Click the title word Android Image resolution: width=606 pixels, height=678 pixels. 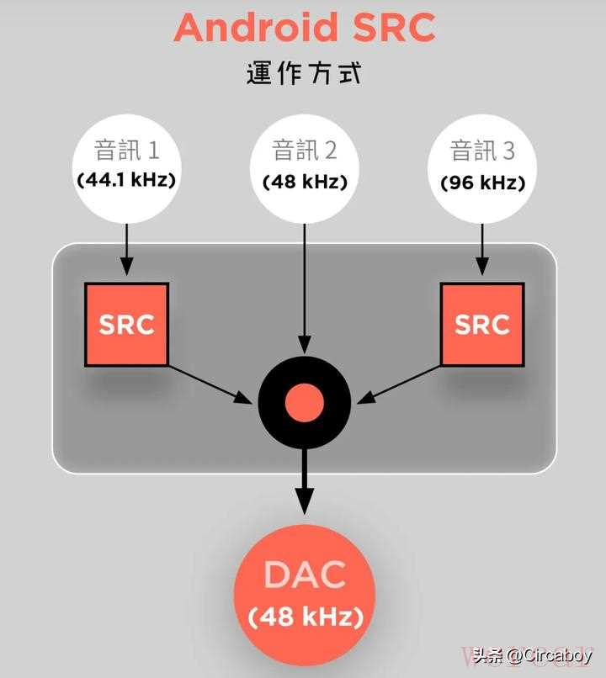[256, 27]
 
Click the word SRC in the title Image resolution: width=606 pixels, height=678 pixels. [394, 27]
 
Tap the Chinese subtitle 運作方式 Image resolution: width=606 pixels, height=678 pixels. [304, 73]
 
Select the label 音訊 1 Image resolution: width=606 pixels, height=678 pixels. [127, 151]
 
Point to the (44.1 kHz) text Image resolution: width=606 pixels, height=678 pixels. [126, 180]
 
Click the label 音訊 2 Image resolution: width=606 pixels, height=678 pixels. [305, 151]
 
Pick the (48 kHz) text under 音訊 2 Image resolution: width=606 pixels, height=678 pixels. [305, 182]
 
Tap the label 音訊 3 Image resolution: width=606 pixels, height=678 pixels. [482, 151]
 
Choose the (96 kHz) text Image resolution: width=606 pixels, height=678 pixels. [483, 183]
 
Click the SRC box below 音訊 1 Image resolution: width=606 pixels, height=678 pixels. [126, 325]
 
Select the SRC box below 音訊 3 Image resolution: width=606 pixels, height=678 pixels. [482, 325]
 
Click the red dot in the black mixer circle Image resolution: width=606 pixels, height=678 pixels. [305, 402]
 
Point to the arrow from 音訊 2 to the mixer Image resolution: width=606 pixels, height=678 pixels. [305, 289]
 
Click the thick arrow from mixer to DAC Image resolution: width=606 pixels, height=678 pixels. [305, 481]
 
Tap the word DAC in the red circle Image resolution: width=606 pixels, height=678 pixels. [305, 575]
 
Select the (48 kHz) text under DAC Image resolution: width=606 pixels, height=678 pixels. [306, 617]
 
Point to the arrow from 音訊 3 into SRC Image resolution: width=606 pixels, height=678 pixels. [482, 250]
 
